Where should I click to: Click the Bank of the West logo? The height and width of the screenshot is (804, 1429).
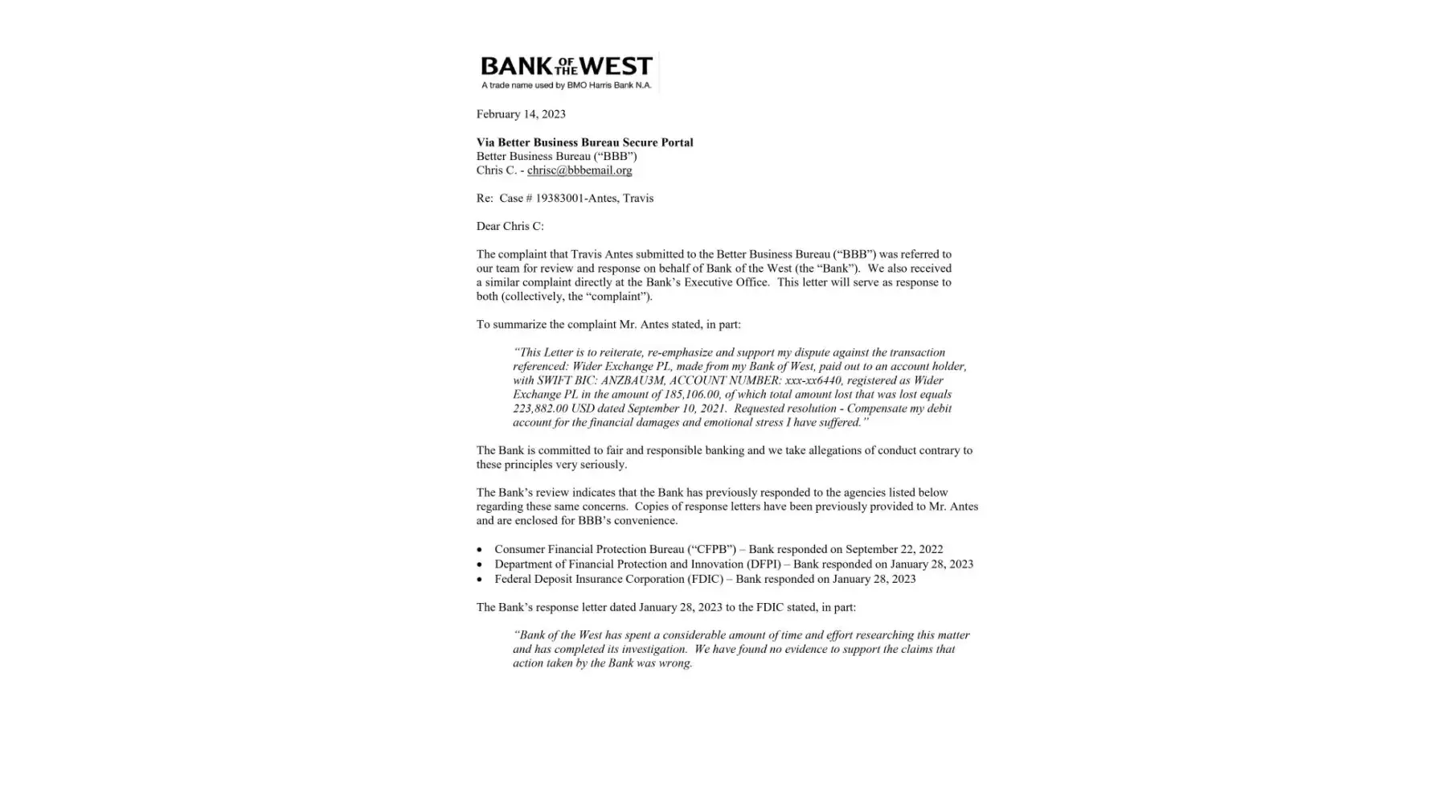(x=566, y=66)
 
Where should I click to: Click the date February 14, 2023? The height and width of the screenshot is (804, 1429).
(x=521, y=114)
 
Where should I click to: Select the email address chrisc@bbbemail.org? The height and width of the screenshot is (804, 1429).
(x=579, y=170)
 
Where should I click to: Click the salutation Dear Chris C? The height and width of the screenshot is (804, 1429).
(x=510, y=227)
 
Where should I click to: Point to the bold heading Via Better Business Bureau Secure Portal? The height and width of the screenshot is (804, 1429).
(x=584, y=142)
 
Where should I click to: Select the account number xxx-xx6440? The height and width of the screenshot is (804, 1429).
(x=812, y=380)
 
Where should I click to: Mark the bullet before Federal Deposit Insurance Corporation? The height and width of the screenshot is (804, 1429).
(x=480, y=580)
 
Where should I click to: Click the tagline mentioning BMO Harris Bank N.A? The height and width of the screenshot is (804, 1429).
(x=566, y=85)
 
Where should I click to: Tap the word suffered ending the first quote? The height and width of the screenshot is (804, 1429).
(x=837, y=423)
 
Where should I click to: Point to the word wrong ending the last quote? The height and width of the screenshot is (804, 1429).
(x=676, y=663)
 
